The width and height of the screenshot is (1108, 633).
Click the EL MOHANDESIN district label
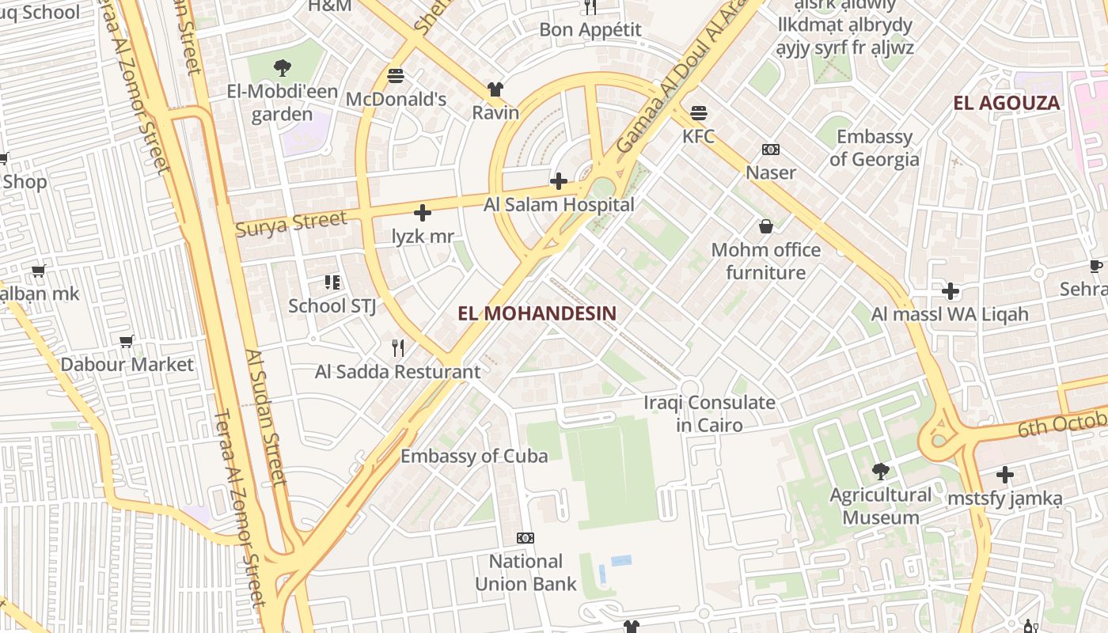(x=537, y=313)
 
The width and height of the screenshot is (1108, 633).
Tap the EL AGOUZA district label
(x=1006, y=103)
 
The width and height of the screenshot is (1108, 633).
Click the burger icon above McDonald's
(x=396, y=77)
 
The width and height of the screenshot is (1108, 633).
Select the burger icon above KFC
(x=698, y=113)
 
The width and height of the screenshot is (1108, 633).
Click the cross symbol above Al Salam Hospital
(x=559, y=182)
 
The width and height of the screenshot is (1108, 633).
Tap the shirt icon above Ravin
(x=495, y=89)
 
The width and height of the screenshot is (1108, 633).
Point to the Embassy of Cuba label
(x=474, y=457)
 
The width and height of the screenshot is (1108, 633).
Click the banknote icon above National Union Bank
(x=526, y=538)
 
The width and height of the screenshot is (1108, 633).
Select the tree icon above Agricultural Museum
(x=880, y=472)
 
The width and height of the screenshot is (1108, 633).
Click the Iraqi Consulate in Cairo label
(x=709, y=414)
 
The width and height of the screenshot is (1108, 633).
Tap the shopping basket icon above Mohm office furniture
(x=765, y=227)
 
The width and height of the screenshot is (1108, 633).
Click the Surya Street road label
(x=291, y=224)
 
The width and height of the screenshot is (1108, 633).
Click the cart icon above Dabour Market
(x=127, y=342)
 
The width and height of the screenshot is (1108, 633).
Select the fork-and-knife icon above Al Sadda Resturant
(x=398, y=347)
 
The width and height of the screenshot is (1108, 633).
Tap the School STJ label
(x=332, y=305)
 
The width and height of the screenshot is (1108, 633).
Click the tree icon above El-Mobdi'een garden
(x=282, y=68)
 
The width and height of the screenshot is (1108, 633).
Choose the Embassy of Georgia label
(x=875, y=148)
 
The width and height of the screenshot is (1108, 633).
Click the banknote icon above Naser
(x=771, y=150)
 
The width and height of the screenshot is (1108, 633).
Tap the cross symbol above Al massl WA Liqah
(x=951, y=291)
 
